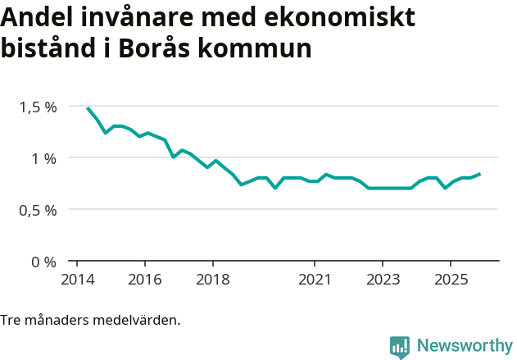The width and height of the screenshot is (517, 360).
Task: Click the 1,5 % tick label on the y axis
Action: (39, 107)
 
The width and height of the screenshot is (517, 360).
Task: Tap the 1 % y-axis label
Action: (45, 158)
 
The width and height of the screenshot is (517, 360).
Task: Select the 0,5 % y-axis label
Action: (39, 210)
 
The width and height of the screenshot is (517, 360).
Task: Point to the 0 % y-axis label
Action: (45, 262)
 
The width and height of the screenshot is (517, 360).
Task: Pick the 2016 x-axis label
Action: (144, 280)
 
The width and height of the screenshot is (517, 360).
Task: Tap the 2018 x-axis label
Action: (212, 280)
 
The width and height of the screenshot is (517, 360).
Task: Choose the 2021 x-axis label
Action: (315, 280)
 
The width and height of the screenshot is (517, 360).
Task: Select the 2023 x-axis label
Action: (383, 280)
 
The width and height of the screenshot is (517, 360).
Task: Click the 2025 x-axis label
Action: (451, 280)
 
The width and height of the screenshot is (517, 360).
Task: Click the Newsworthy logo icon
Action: (400, 347)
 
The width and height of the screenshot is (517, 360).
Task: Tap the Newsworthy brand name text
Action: (464, 346)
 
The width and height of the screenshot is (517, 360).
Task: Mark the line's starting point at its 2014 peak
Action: (88, 107)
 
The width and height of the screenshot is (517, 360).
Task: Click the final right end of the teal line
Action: (480, 174)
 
